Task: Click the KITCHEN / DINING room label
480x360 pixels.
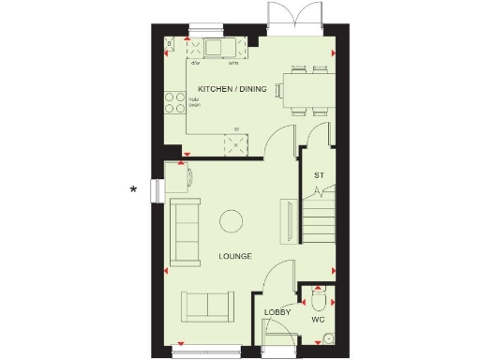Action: pyautogui.click(x=232, y=89)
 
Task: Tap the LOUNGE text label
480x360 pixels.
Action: pyautogui.click(x=234, y=255)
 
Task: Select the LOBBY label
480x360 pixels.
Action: pyautogui.click(x=277, y=312)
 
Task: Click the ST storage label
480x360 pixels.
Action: pyautogui.click(x=319, y=175)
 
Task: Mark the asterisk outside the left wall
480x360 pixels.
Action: pyautogui.click(x=133, y=190)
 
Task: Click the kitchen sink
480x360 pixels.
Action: pyautogui.click(x=217, y=48)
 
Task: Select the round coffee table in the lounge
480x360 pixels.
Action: pyautogui.click(x=231, y=221)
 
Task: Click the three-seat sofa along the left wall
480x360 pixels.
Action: pyautogui.click(x=184, y=232)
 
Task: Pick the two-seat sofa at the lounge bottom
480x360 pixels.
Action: pyautogui.click(x=208, y=305)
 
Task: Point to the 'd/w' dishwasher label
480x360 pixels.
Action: pyautogui.click(x=196, y=64)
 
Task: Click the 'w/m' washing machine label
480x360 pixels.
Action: pyautogui.click(x=232, y=64)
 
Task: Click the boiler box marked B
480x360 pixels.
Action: pyautogui.click(x=170, y=44)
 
